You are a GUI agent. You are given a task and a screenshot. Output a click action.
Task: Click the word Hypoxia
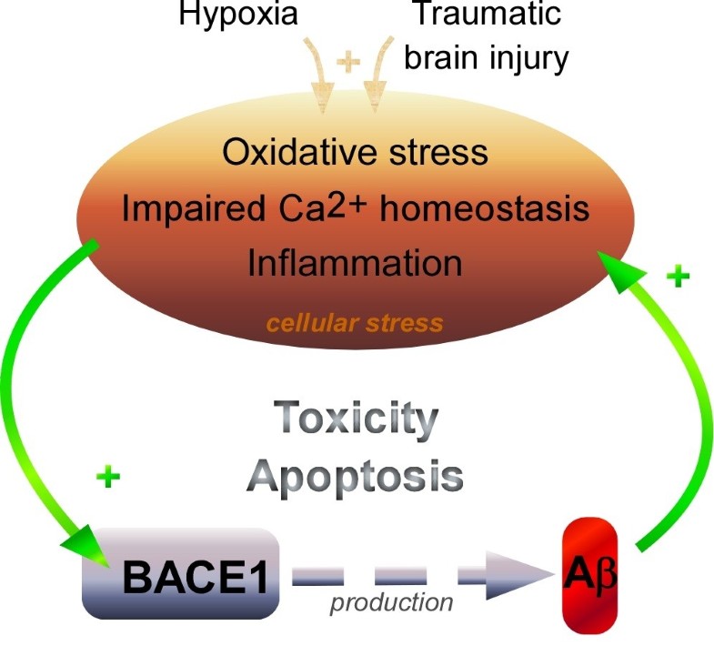[x=237, y=16]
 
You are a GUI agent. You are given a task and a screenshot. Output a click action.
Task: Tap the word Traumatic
[x=486, y=15]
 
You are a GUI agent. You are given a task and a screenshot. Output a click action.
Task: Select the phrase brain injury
[x=486, y=56]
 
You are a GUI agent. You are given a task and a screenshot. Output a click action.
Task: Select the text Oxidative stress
[x=355, y=151]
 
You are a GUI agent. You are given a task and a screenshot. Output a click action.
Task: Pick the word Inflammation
[x=355, y=264]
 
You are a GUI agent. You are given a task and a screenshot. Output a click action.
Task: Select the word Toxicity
[x=357, y=420]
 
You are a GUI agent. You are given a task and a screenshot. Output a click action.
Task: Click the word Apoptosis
[x=357, y=475]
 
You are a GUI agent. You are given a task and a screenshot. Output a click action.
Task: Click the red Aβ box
[x=589, y=575]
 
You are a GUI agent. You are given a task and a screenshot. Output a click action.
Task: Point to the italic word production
[x=392, y=601]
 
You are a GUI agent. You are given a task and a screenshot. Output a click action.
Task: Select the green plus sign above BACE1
[x=108, y=477]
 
